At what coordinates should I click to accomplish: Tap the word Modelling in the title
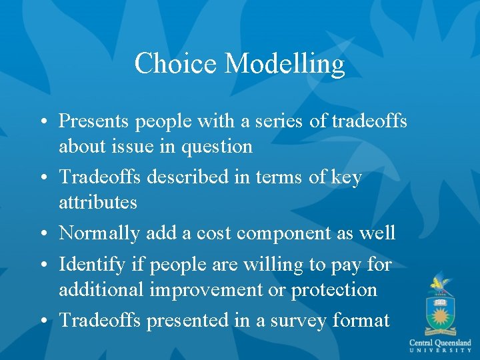285,63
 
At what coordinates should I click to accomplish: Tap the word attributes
97,202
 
